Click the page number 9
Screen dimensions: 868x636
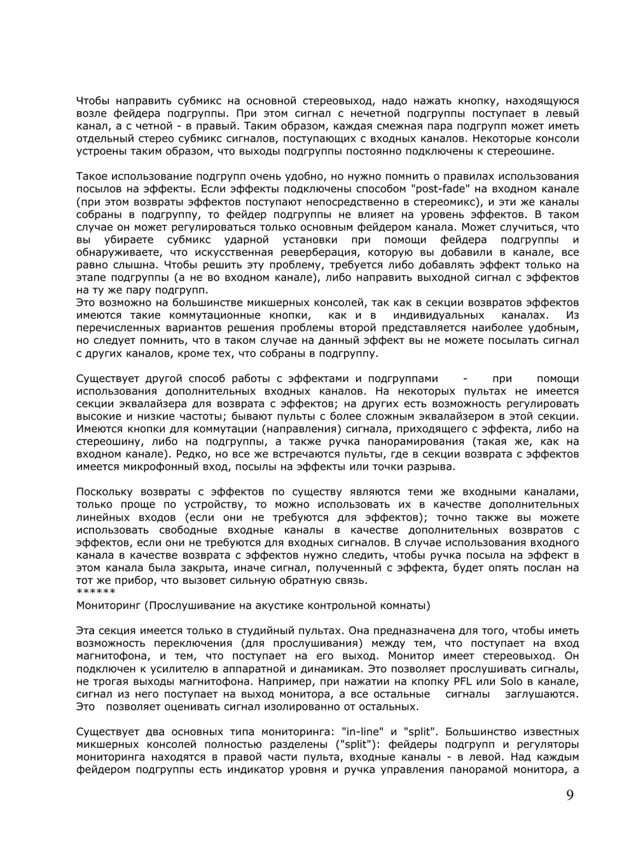pos(570,795)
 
